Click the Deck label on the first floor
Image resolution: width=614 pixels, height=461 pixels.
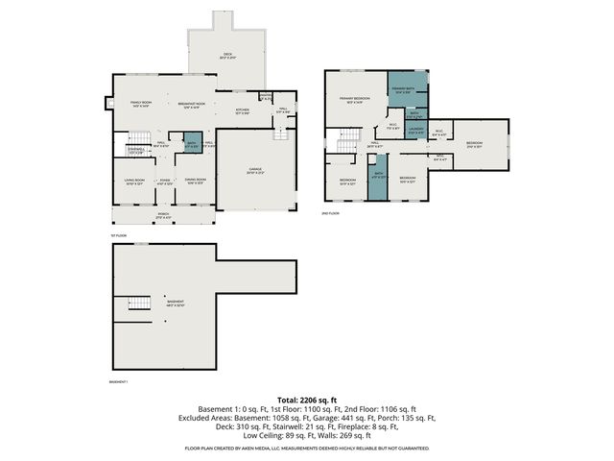coord(228,56)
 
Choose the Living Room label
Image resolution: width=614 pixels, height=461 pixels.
coord(133,182)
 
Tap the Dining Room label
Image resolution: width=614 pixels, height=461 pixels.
coord(196,182)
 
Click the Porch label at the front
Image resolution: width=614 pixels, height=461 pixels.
coord(164,215)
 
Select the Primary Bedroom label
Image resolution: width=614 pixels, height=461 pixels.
coord(354,99)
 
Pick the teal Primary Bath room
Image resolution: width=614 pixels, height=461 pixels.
coord(407,92)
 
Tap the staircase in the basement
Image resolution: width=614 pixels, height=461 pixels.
coord(140,304)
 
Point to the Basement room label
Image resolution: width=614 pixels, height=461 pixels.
coord(175,303)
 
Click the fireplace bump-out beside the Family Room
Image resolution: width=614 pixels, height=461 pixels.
coord(107,103)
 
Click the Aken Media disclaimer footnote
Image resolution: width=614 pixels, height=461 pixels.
coord(307,449)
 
